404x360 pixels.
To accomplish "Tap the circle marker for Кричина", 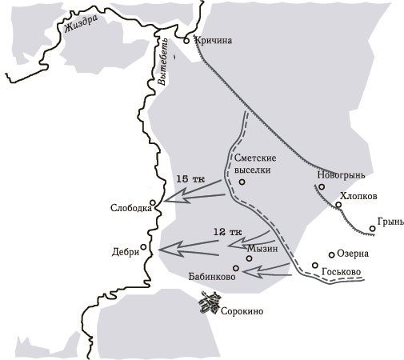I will (x=186, y=39).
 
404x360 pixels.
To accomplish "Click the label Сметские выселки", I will (x=254, y=162).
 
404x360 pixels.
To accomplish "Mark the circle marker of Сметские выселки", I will (x=242, y=182).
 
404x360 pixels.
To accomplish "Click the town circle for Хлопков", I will (x=338, y=205).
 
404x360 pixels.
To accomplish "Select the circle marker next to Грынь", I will (x=373, y=230).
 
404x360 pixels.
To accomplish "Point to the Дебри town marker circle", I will (x=143, y=246).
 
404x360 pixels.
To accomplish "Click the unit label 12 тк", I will (x=227, y=231).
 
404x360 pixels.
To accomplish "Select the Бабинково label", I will (x=211, y=277).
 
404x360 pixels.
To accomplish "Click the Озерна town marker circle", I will (x=331, y=255).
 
